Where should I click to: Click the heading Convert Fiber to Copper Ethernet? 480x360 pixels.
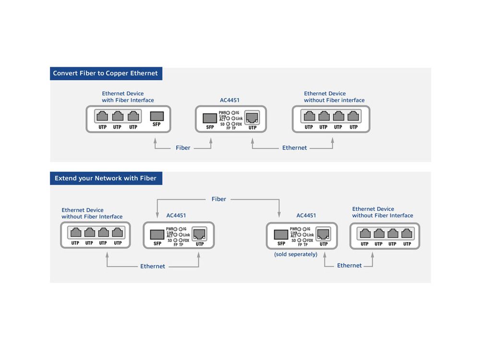105,73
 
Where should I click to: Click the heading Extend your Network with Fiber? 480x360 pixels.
106,178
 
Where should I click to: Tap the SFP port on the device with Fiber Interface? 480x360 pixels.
157,116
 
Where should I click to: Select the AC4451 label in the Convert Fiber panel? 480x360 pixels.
229,100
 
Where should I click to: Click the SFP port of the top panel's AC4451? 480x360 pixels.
210,118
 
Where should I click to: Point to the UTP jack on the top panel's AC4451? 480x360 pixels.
252,118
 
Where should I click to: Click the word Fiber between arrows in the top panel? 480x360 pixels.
183,148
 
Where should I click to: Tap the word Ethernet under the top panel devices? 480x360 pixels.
295,148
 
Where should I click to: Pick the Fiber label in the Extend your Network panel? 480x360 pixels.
219,199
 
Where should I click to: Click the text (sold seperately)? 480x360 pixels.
296,254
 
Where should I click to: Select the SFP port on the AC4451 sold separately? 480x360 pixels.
281,235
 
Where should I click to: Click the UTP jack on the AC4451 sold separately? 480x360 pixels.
323,234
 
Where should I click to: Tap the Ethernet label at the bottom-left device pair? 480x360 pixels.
153,266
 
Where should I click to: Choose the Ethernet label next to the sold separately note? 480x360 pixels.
349,265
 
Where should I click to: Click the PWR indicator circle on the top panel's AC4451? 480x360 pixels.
228,113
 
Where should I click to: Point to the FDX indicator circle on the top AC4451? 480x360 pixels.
233,124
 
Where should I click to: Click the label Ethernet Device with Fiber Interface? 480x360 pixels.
128,97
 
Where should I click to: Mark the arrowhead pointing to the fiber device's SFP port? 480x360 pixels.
155,141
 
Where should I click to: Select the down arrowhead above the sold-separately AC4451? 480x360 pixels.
279,214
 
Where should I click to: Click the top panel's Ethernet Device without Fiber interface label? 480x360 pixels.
334,97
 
